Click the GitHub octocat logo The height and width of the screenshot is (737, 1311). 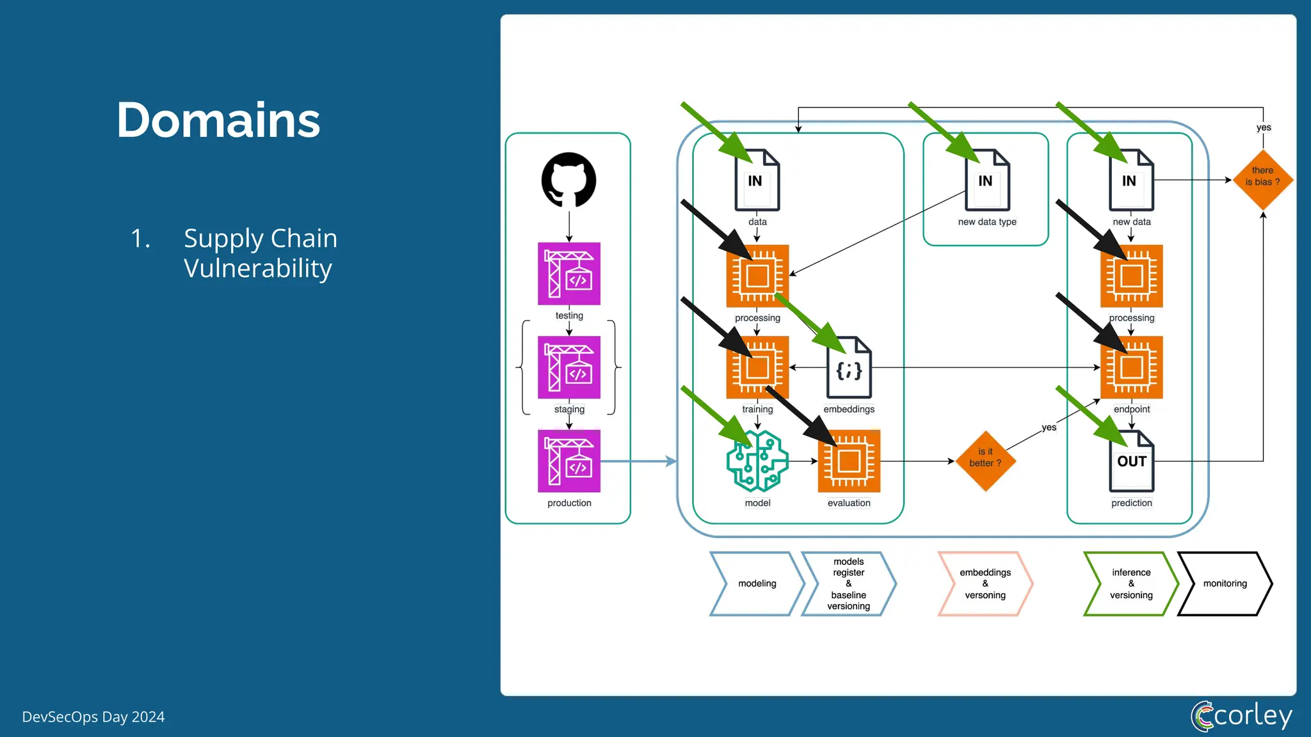point(568,180)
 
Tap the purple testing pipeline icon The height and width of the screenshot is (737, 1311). point(568,274)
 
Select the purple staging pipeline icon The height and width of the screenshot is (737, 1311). point(568,367)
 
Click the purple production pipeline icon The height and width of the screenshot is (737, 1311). point(568,461)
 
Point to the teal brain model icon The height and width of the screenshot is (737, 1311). point(757,461)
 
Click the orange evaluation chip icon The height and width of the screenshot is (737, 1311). point(849,461)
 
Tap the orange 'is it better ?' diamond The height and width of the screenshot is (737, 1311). point(985,461)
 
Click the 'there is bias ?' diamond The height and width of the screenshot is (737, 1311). point(1262,180)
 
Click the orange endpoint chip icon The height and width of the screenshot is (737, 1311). point(1131,367)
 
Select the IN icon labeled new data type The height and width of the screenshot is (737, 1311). point(987,181)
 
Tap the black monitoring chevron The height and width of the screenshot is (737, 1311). point(1225,583)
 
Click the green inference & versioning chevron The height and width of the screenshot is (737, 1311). point(1130,583)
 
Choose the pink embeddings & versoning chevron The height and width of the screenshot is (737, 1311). point(985,583)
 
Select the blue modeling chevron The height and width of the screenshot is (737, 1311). point(757,583)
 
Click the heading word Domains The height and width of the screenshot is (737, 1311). point(218,120)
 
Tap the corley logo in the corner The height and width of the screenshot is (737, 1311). point(1241,715)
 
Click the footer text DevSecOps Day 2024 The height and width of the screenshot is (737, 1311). point(93,717)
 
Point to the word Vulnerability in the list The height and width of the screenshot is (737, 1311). point(257,268)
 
